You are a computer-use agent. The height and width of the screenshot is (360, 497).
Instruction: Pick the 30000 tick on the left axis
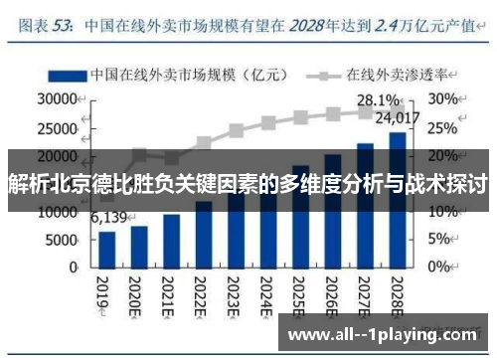57,99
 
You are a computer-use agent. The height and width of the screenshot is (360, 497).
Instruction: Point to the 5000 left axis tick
62,240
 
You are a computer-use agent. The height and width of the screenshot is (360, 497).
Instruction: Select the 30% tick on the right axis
444,99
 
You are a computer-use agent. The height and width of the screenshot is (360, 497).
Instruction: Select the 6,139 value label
109,218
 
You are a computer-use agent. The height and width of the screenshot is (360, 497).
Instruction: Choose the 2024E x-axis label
266,294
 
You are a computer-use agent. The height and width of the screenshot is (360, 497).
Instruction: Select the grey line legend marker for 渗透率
323,75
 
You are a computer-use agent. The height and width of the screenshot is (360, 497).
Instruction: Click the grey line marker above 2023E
236,130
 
